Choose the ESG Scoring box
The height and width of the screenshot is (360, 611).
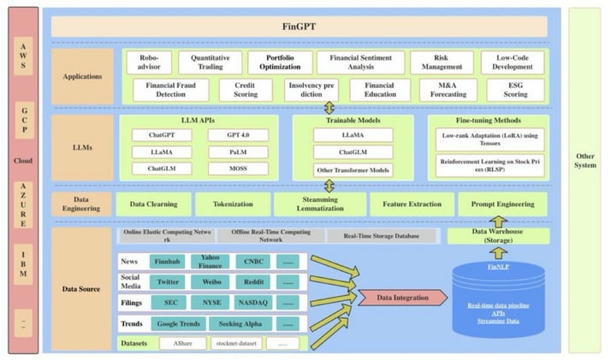515,90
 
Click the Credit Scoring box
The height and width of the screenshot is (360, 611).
245,90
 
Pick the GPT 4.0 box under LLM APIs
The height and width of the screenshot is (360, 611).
237,135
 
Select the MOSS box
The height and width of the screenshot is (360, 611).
237,168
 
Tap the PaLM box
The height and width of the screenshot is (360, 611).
237,151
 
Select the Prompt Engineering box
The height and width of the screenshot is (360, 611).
502,204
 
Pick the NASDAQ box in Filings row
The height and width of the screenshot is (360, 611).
252,302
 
